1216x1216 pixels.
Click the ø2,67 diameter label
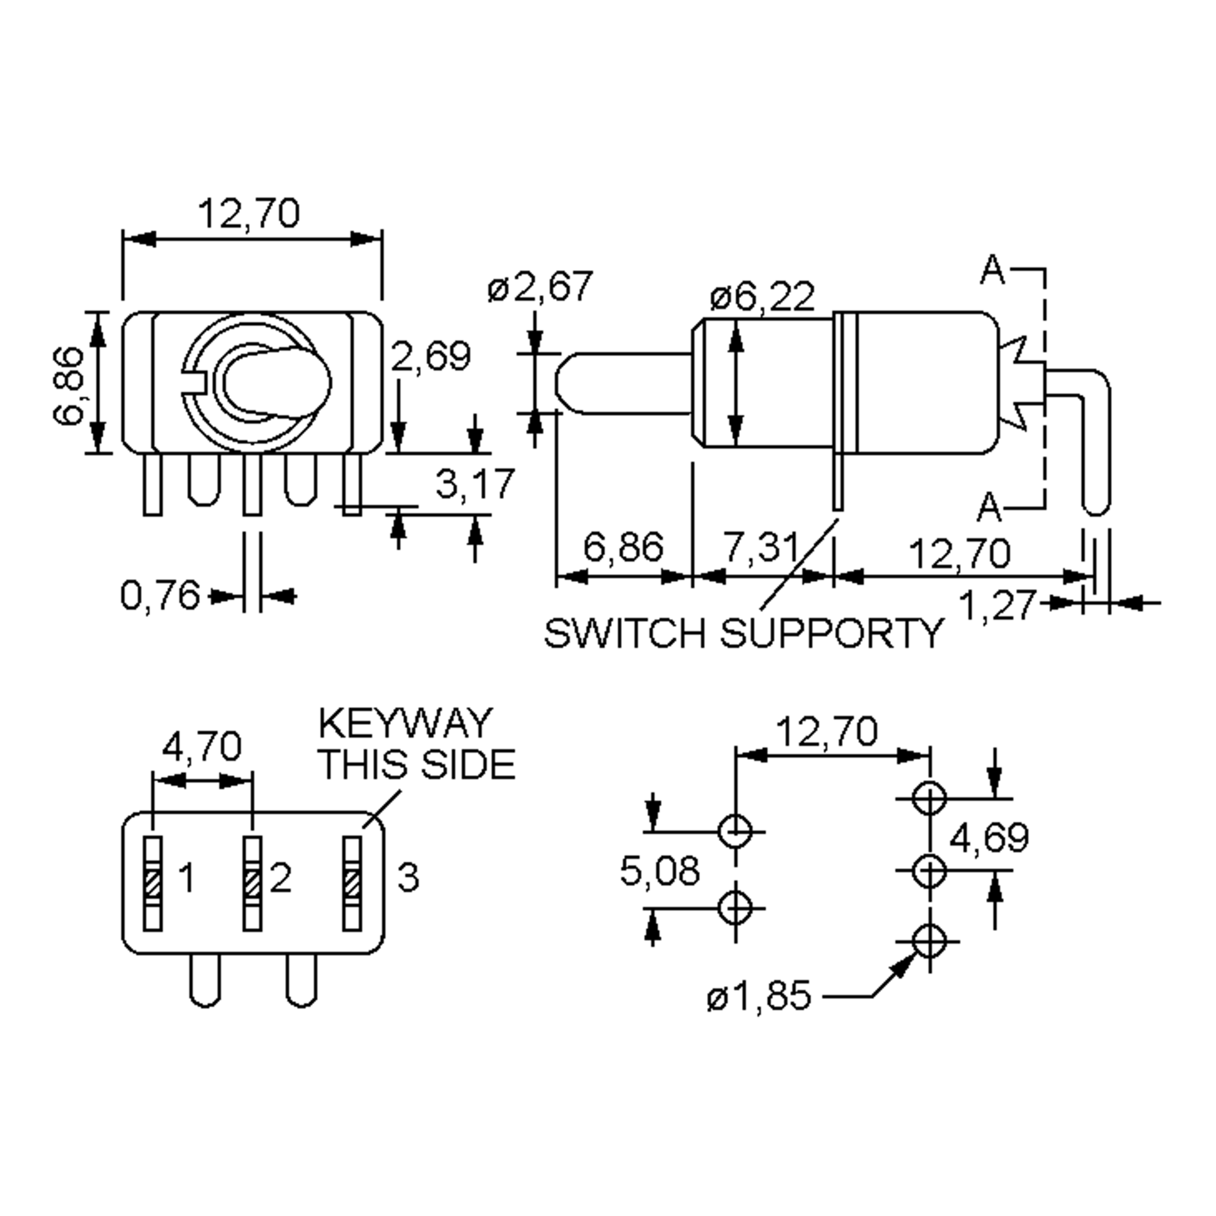pos(540,287)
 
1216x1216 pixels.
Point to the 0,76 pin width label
pos(160,595)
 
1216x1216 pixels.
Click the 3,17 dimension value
pos(475,484)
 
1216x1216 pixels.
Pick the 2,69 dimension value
pos(431,356)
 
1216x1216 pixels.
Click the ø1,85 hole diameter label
pos(759,996)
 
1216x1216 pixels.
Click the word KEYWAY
pos(405,724)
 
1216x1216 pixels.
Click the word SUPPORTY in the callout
pos(831,633)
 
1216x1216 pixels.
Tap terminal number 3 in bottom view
pos(408,878)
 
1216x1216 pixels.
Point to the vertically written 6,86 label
pos(68,386)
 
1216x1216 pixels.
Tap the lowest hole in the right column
pos(929,941)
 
